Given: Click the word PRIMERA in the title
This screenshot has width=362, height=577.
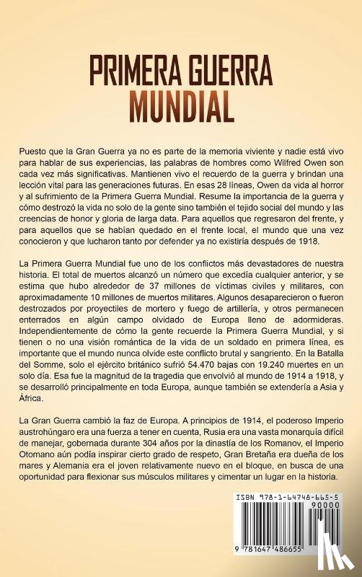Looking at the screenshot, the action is (133, 72).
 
